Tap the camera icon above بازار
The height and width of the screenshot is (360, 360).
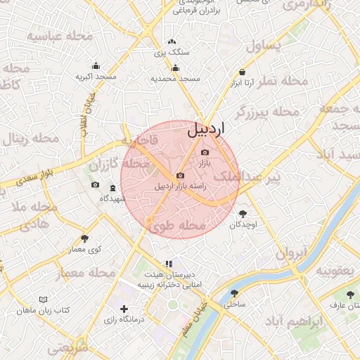click(x=205, y=153)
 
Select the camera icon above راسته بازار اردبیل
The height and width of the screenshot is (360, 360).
click(x=181, y=175)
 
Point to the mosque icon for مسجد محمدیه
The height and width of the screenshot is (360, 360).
click(x=175, y=68)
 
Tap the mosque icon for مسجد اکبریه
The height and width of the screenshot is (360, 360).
click(x=96, y=65)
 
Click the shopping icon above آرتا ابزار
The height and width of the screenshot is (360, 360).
click(x=242, y=72)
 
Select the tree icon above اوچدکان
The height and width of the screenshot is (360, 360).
click(x=243, y=213)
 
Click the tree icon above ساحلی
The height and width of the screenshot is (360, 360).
click(x=234, y=294)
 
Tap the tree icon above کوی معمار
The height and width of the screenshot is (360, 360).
click(x=85, y=238)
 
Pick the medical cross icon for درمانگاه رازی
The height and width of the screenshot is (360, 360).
click(x=124, y=309)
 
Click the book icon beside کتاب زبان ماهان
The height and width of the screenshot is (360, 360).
click(x=20, y=310)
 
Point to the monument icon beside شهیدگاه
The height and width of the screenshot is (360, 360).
click(x=112, y=188)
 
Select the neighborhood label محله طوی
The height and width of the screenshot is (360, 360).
click(x=177, y=226)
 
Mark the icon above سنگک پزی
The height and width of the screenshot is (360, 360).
click(x=172, y=41)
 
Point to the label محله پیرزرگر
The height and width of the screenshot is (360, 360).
click(x=266, y=112)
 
